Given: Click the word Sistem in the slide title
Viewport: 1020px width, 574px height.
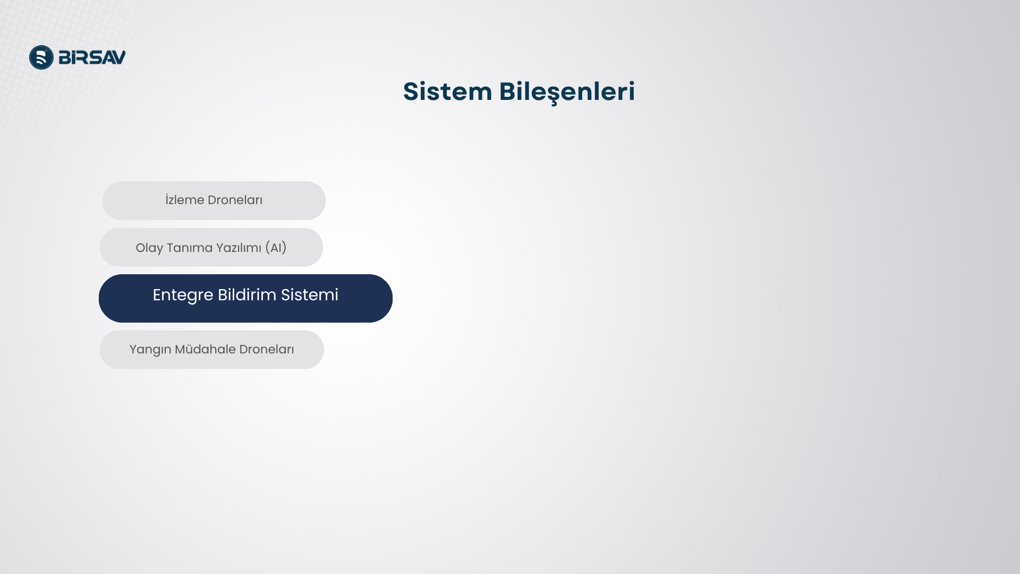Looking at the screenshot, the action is pos(447,91).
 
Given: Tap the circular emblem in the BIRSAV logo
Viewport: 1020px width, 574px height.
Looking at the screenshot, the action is pos(41,57).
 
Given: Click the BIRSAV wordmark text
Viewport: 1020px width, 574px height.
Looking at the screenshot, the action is pos(92,57).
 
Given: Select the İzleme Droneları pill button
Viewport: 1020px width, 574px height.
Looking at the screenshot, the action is pos(214,200).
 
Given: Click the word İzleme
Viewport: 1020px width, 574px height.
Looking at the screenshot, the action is pos(185,200).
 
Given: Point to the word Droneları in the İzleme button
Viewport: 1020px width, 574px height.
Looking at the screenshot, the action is pos(235,200).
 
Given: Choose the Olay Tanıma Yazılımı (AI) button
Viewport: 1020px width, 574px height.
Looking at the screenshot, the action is pos(211,247).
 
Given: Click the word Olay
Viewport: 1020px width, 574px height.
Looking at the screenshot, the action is pos(149,248).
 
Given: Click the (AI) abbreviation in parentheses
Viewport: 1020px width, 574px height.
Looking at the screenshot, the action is pos(276,248).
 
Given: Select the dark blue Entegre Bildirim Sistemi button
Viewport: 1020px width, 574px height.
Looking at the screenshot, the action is pos(245,298).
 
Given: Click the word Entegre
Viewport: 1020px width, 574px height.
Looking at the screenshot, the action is pos(183,296).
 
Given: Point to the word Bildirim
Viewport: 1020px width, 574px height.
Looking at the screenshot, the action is pos(247,294).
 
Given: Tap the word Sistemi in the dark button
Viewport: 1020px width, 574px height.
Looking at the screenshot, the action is pos(310,294).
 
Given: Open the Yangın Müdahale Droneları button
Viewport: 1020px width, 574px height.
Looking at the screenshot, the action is pos(212,350).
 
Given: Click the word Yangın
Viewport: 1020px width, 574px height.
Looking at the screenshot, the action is pos(150,350).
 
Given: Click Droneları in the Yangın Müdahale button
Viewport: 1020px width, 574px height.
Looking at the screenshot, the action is pos(267,349).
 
